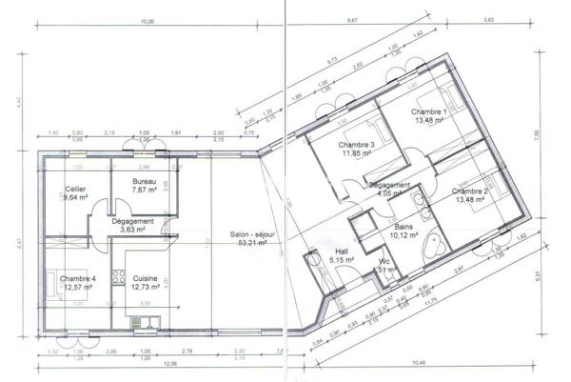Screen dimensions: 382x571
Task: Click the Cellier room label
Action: [76, 189]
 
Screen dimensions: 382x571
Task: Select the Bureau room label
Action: [144, 181]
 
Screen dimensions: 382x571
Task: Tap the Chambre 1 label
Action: [430, 112]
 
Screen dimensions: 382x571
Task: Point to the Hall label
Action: [342, 251]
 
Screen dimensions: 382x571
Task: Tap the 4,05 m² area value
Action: [390, 193]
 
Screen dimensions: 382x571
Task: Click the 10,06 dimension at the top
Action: [146, 20]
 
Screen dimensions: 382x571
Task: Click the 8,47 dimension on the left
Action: [9, 242]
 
